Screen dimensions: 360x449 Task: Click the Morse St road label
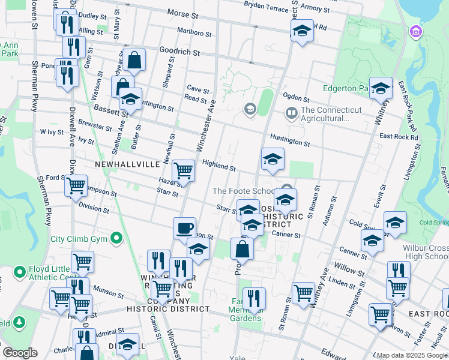[182, 13]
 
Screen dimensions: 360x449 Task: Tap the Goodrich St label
[179, 52]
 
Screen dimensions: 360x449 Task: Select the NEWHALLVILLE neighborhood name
[127, 164]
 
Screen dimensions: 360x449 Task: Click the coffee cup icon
[184, 228]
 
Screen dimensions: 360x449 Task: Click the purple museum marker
[414, 31]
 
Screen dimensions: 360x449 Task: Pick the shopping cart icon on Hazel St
[183, 171]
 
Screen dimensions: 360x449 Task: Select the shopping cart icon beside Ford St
[76, 186]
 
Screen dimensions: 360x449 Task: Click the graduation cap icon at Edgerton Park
[381, 88]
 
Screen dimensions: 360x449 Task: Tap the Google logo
[20, 353]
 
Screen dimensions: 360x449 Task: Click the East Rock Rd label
[398, 137]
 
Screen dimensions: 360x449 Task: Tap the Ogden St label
[296, 98]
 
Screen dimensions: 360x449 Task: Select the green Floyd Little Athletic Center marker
[19, 271]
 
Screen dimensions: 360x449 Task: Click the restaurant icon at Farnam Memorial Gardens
[255, 298]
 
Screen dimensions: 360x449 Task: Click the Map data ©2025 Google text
[412, 355]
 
